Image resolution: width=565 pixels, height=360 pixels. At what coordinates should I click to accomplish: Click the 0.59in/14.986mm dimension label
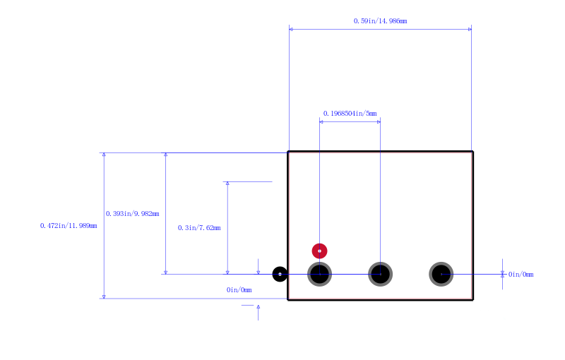point(380,21)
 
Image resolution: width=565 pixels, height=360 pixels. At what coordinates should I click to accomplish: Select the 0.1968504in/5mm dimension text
point(350,114)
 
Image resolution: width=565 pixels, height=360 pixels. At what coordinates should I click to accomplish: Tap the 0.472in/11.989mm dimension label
point(69,226)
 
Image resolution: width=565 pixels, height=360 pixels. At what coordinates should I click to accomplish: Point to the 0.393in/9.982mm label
point(132,213)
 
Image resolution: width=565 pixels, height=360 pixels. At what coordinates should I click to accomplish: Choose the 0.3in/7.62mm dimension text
point(199,227)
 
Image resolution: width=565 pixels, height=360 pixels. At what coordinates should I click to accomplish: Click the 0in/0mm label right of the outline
point(521,275)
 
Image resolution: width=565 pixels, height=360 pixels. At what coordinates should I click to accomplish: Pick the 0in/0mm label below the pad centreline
point(239,290)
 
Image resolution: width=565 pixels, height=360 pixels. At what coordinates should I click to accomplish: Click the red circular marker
point(320,251)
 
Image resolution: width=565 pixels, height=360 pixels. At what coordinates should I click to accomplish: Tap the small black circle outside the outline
point(280,275)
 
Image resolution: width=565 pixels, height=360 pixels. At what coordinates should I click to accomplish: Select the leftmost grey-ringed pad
point(320,275)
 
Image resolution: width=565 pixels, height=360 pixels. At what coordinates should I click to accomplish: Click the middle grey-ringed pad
point(380,275)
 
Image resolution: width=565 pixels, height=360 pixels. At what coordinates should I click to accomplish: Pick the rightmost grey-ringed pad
point(441,275)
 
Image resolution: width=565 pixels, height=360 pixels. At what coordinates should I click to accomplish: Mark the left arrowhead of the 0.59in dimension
point(291,29)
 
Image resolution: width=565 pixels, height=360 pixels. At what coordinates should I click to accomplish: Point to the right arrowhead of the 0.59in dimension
point(470,29)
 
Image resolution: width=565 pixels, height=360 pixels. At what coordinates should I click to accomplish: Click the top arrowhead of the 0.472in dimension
point(104,155)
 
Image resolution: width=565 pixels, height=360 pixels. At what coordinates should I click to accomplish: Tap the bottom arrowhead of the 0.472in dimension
point(104,296)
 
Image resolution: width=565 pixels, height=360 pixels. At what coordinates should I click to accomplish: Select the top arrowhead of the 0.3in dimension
point(227,184)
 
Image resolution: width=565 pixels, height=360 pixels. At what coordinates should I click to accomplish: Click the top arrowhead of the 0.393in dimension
point(166,155)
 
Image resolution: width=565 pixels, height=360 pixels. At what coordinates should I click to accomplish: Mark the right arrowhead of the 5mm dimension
point(379,122)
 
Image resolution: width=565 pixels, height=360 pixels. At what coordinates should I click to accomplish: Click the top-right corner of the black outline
point(472,152)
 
